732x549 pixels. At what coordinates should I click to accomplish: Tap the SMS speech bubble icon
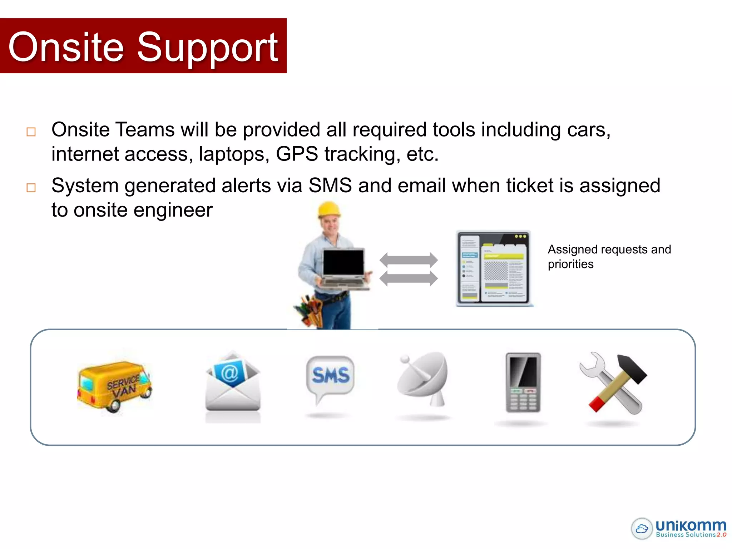coord(330,377)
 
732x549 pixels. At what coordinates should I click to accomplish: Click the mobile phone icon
coord(523,382)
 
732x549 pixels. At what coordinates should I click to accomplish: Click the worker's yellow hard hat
coord(329,209)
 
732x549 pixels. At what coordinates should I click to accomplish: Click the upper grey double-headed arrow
coord(409,260)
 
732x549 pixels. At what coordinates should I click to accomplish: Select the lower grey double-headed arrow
coord(409,278)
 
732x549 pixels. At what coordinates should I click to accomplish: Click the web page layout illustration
coord(494,268)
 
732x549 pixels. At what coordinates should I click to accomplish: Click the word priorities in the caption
coord(570,264)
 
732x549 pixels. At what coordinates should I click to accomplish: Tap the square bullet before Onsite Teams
coord(31,132)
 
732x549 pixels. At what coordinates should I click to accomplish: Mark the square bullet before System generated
coord(31,188)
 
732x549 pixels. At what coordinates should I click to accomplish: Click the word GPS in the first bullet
coord(297,154)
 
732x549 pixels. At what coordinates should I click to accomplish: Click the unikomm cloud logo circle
coord(642,528)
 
